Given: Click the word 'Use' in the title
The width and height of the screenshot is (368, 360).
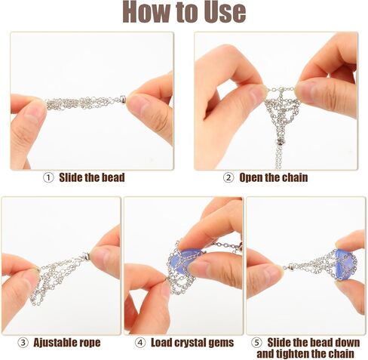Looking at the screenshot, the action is pos(225,12).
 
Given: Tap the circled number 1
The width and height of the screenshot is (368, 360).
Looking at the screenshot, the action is pos(48,178).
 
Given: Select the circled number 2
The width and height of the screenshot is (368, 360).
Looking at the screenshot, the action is pos(228,177).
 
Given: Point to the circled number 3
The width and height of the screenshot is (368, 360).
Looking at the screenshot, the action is pos(23,343).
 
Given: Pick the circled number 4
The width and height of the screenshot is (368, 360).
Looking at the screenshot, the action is pos(140,343).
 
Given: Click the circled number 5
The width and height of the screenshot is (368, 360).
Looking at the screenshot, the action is pos(256,343).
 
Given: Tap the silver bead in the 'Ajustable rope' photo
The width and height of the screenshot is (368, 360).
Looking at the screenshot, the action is pos(86,257).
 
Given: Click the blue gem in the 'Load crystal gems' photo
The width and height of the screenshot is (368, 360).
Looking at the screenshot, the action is pos(183,260).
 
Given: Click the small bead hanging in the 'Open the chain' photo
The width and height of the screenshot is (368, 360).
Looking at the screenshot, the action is pos(280,143).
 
